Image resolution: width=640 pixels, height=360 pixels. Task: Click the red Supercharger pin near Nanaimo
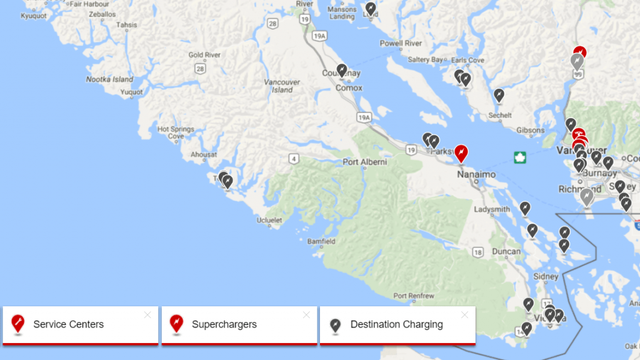tap(461, 152)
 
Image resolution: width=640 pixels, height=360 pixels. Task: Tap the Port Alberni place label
tap(365, 162)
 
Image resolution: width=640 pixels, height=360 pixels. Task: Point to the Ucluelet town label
tap(269, 220)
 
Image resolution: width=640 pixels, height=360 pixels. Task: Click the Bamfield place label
tap(321, 241)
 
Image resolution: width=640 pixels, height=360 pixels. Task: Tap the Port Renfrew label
tap(410, 296)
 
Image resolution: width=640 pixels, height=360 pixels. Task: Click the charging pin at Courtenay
tap(342, 70)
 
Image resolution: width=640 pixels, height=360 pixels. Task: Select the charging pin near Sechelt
tap(499, 94)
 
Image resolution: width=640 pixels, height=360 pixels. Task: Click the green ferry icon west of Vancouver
tap(518, 157)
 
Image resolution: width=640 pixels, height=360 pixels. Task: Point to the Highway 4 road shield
tap(294, 158)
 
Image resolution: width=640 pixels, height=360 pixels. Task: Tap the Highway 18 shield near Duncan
tap(478, 252)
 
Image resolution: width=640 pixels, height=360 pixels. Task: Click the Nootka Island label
tap(110, 79)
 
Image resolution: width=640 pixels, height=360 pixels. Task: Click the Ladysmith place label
tap(492, 209)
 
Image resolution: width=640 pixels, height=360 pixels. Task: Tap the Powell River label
tap(401, 44)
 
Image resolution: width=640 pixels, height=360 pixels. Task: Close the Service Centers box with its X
tap(147, 315)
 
